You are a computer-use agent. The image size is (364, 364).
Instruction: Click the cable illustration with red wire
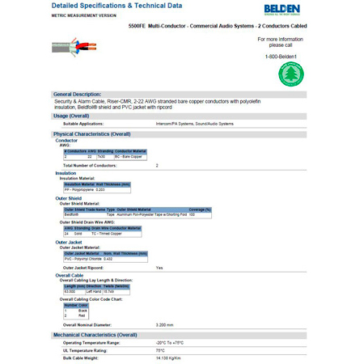(x=73, y=48)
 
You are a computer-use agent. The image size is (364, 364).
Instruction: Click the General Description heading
(x=78, y=94)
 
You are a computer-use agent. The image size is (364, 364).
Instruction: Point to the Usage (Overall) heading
(x=70, y=116)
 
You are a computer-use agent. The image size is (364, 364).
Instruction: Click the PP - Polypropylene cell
(x=78, y=189)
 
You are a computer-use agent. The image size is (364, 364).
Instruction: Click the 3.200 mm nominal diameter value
(x=165, y=324)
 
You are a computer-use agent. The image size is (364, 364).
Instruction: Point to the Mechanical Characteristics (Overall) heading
(x=95, y=334)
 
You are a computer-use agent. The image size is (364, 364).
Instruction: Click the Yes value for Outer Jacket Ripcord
(x=159, y=267)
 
